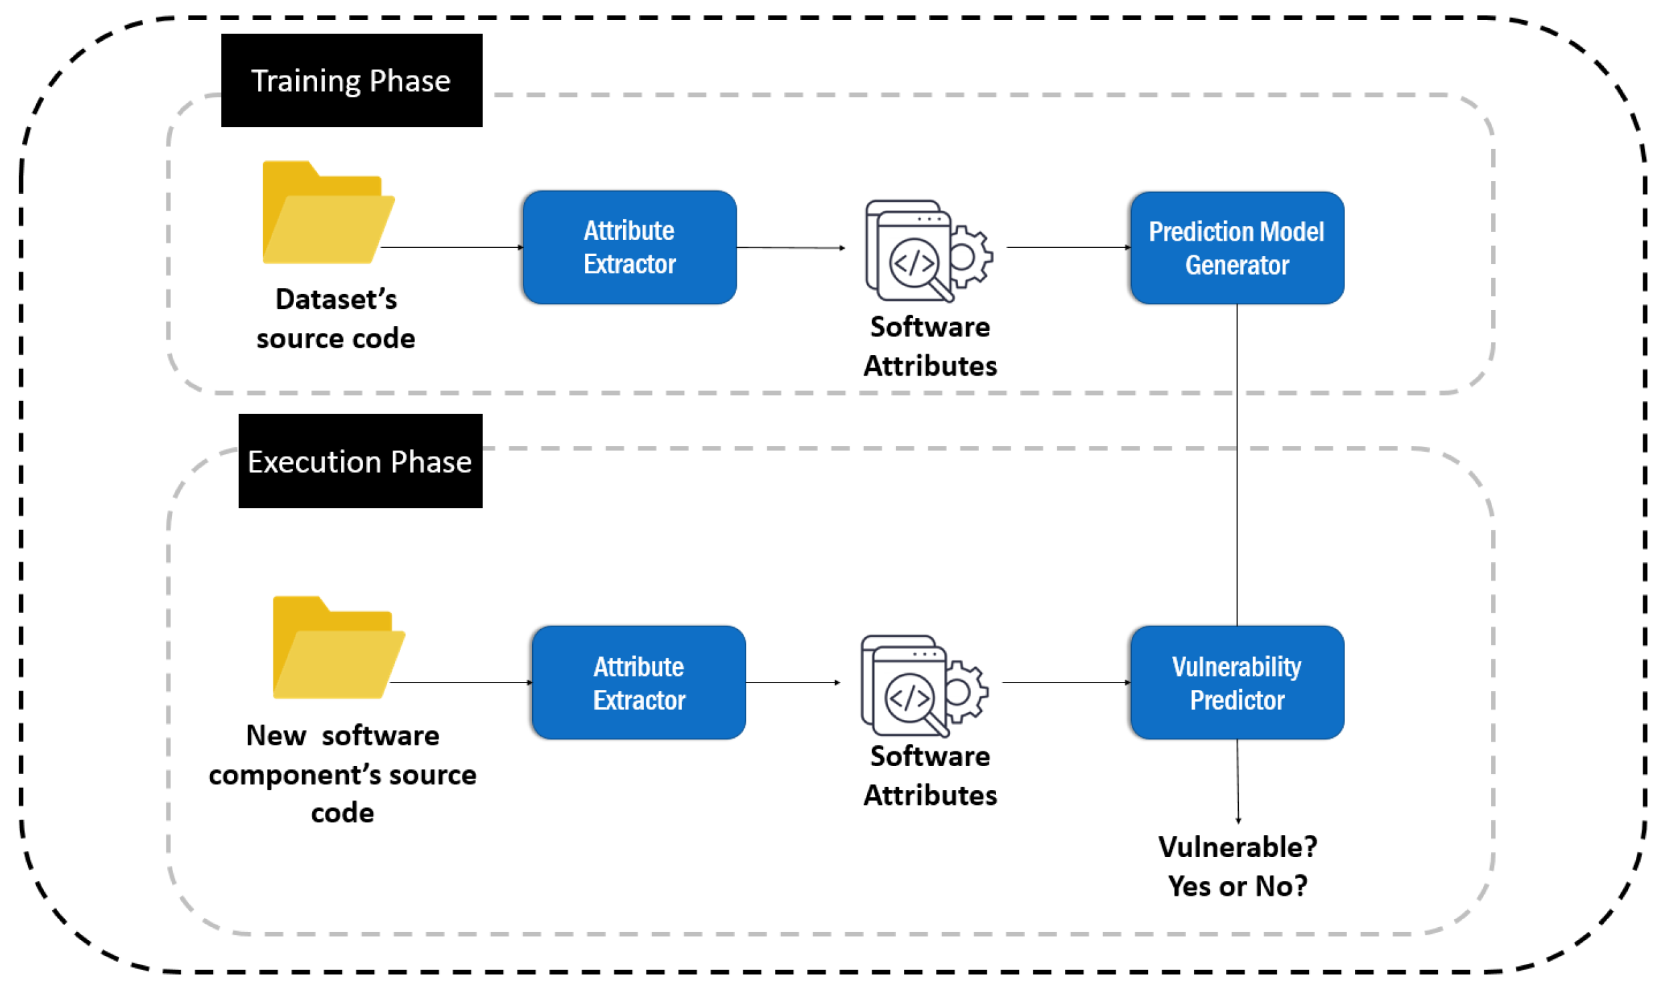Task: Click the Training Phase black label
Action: [x=352, y=80]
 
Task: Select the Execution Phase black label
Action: [x=360, y=461]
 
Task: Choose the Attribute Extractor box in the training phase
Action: [x=630, y=247]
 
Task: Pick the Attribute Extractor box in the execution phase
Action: [x=639, y=683]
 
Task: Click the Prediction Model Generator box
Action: [x=1237, y=248]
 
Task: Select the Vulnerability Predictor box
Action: [x=1237, y=683]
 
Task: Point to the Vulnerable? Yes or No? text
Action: [x=1238, y=866]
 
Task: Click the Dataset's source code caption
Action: [x=336, y=319]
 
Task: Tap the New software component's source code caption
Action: [x=342, y=774]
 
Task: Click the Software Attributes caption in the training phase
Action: [x=930, y=346]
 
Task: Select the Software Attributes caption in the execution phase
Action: [x=930, y=775]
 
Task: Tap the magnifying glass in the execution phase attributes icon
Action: [x=915, y=702]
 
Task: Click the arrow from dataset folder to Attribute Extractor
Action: [x=452, y=247]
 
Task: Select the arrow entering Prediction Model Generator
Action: [x=1068, y=247]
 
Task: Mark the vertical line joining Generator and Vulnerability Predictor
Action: [x=1237, y=465]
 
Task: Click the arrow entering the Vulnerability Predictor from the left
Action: [x=1066, y=683]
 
